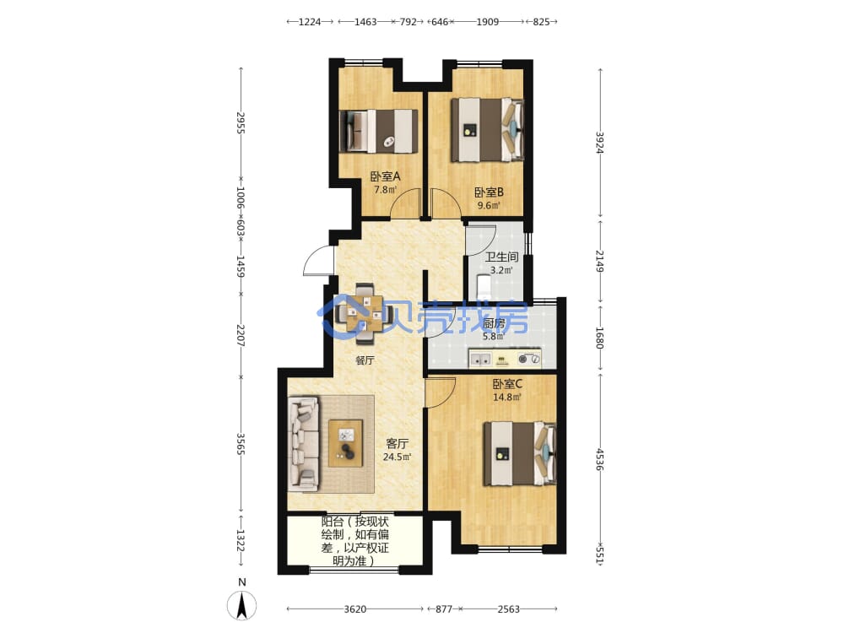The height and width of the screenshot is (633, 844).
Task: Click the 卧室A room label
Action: point(385,176)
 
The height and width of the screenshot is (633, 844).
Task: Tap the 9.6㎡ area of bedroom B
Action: point(489,205)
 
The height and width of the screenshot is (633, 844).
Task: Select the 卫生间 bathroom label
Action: point(501,257)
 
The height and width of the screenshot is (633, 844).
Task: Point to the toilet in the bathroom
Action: point(484,288)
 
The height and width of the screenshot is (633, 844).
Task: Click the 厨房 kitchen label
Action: point(494,323)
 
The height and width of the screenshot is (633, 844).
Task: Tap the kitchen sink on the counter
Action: point(479,359)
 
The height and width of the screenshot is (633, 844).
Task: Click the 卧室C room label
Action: point(507,384)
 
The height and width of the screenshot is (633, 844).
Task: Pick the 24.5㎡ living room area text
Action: point(398,457)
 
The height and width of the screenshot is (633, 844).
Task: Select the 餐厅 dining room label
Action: point(365,360)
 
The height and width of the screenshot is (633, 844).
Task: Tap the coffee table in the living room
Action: point(345,443)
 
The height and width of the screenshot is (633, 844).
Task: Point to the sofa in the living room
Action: point(304,444)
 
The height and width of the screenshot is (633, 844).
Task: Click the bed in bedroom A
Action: point(379,132)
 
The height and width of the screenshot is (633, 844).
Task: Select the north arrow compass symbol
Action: point(241,604)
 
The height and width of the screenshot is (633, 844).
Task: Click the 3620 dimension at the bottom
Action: point(354,609)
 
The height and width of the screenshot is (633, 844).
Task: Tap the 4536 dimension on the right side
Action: point(600,460)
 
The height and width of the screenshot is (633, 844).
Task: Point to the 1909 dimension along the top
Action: point(487,22)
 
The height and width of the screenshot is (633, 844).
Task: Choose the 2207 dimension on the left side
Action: point(241,335)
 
